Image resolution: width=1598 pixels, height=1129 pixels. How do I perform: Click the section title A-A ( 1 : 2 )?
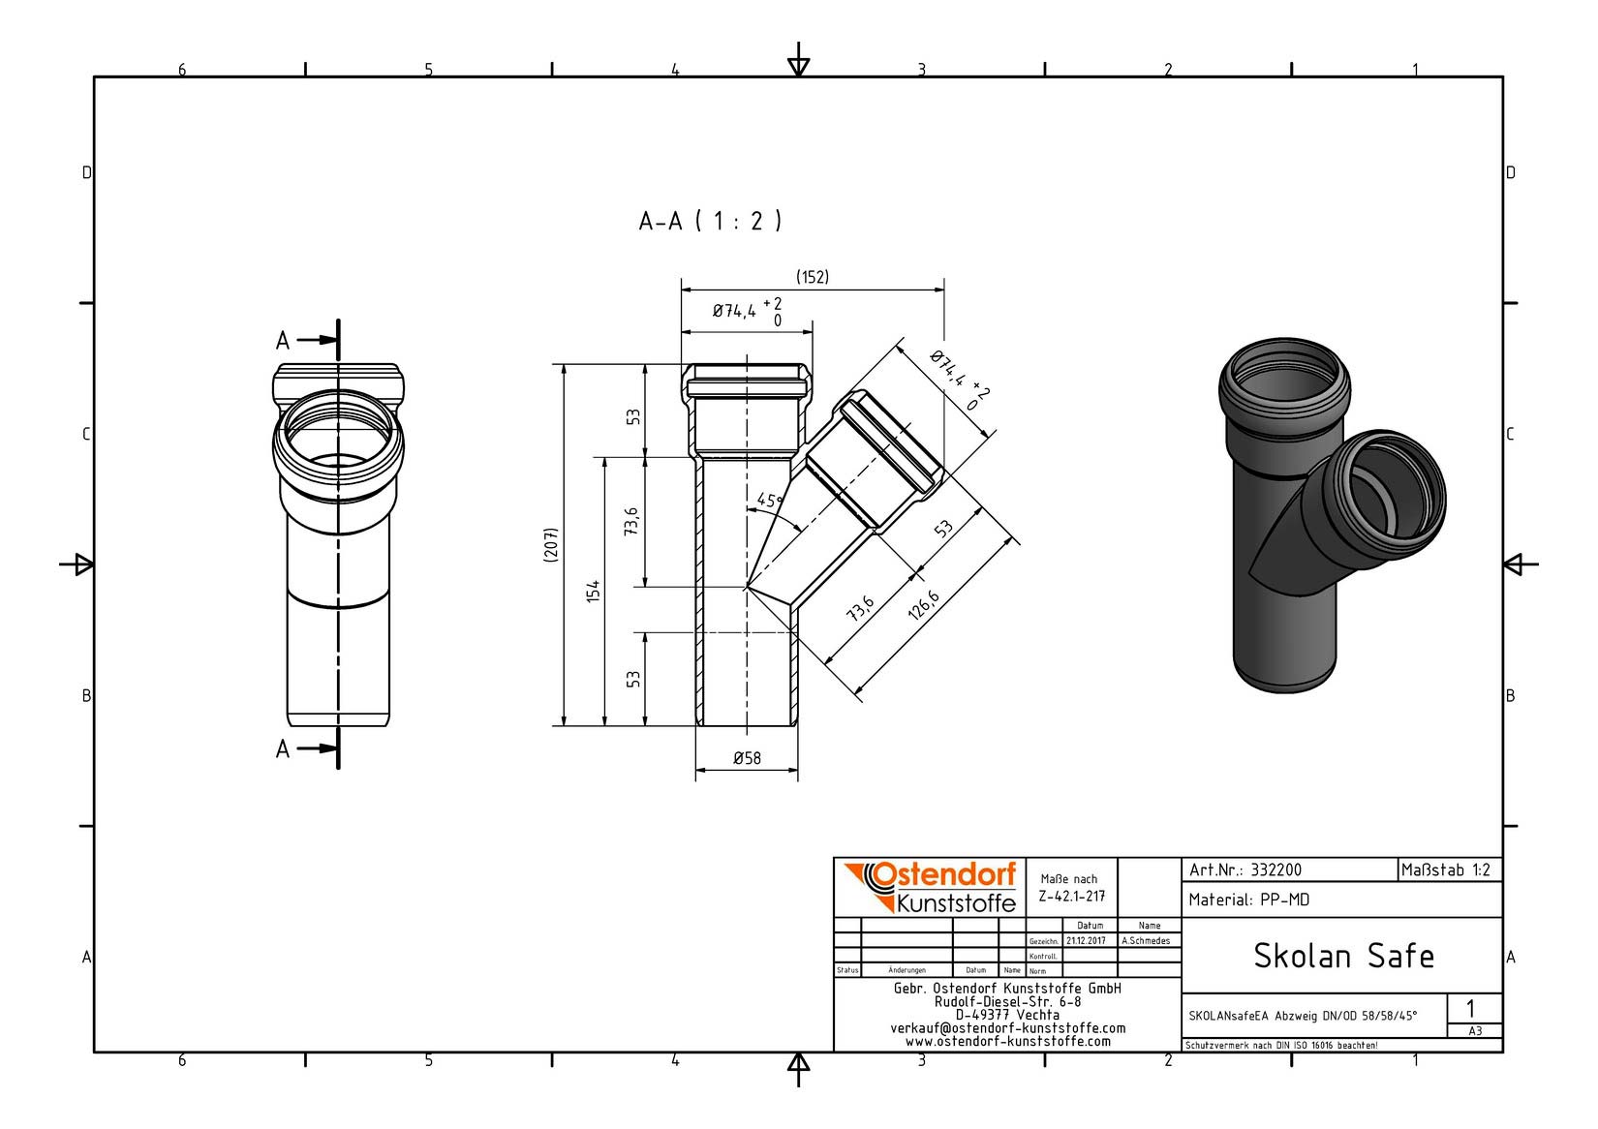tap(710, 221)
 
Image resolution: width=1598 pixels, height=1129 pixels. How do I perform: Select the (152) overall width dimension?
tap(813, 277)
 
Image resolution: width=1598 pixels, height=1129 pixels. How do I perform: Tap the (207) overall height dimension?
tap(550, 545)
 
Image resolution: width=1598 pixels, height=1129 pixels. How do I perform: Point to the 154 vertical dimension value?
tap(593, 592)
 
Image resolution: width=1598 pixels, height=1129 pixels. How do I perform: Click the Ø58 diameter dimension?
tap(747, 758)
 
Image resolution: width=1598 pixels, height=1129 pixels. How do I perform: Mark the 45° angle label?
tap(769, 500)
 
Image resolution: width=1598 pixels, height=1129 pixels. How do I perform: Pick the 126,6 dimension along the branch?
tap(924, 605)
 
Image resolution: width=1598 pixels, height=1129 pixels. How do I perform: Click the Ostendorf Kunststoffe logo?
tap(930, 888)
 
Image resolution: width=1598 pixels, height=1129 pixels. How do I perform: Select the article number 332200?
tap(1276, 870)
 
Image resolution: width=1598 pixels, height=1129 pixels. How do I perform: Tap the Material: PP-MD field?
tap(1248, 900)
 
